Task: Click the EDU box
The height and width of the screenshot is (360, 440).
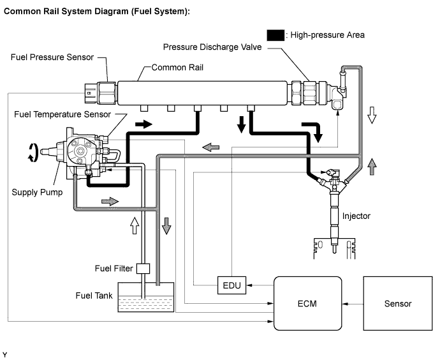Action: [231, 285]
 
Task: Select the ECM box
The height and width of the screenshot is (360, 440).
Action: [307, 303]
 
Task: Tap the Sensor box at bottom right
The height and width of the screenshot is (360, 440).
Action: [398, 303]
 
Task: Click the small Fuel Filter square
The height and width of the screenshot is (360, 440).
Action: [143, 269]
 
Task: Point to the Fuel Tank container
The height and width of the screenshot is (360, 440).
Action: [146, 297]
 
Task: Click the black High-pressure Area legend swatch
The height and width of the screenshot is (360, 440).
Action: [275, 35]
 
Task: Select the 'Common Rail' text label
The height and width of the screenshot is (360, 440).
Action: [177, 68]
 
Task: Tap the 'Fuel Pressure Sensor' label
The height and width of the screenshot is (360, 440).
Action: [52, 57]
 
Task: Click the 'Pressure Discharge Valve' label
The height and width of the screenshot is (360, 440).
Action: [212, 47]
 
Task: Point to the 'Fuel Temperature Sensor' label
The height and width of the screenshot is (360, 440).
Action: [62, 114]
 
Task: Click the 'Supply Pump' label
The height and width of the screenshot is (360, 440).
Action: [37, 192]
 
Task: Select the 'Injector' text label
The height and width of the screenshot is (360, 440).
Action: [356, 216]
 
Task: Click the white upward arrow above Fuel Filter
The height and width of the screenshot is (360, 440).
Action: [135, 225]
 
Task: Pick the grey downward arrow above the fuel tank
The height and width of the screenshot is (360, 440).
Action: [166, 226]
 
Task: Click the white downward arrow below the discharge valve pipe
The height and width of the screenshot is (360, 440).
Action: [372, 115]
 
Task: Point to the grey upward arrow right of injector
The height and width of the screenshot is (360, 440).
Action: [372, 167]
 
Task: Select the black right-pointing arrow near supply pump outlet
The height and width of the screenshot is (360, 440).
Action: [143, 124]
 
